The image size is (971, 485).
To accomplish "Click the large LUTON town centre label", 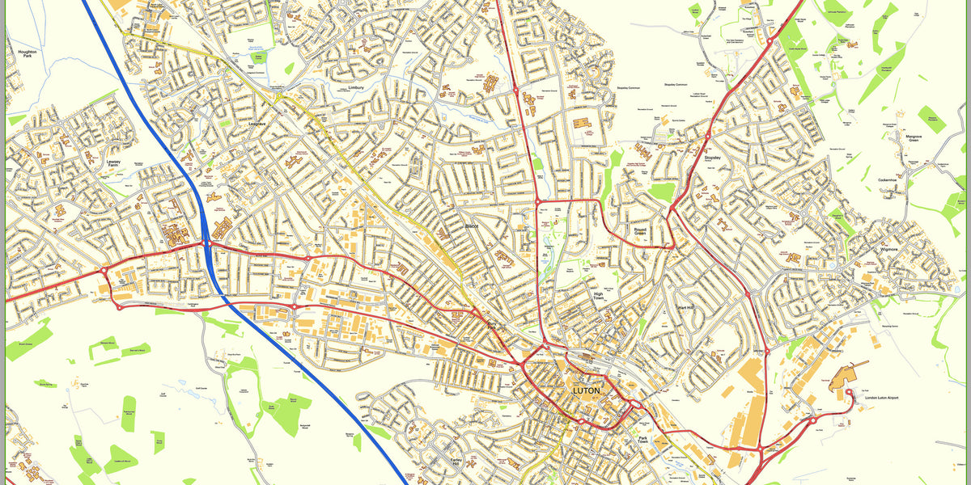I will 587,390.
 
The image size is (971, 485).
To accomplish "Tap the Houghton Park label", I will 28,55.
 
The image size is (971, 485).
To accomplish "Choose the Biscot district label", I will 473,227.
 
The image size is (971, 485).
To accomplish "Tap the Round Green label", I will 641,232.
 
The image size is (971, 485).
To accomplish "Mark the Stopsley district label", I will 712,158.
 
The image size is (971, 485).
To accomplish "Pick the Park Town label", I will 643,441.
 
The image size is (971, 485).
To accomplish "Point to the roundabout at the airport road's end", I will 848,394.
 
